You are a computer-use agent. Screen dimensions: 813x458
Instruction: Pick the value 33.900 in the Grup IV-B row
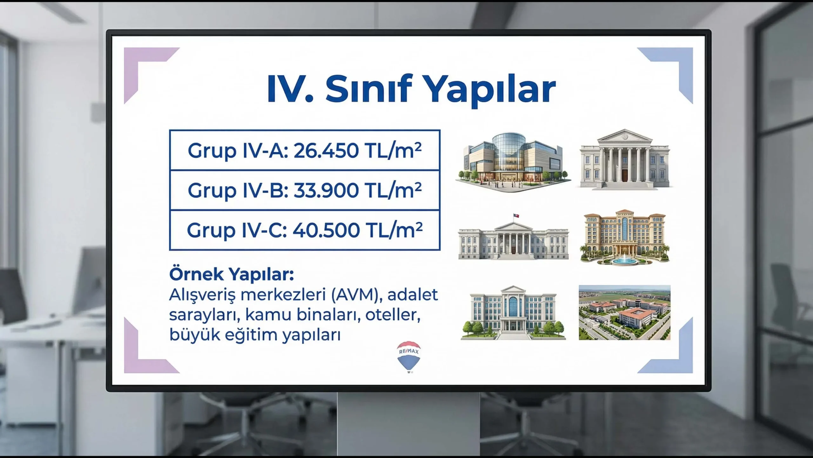coord(326,190)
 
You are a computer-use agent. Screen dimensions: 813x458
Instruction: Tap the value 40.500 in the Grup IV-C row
coord(326,230)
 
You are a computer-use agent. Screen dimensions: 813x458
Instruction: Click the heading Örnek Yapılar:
coord(232,274)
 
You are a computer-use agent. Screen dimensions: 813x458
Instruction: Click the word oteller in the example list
coord(393,315)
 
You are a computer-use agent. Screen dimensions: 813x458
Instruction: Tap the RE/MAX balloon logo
coord(409,357)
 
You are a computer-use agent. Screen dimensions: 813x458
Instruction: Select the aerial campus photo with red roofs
coord(624,313)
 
